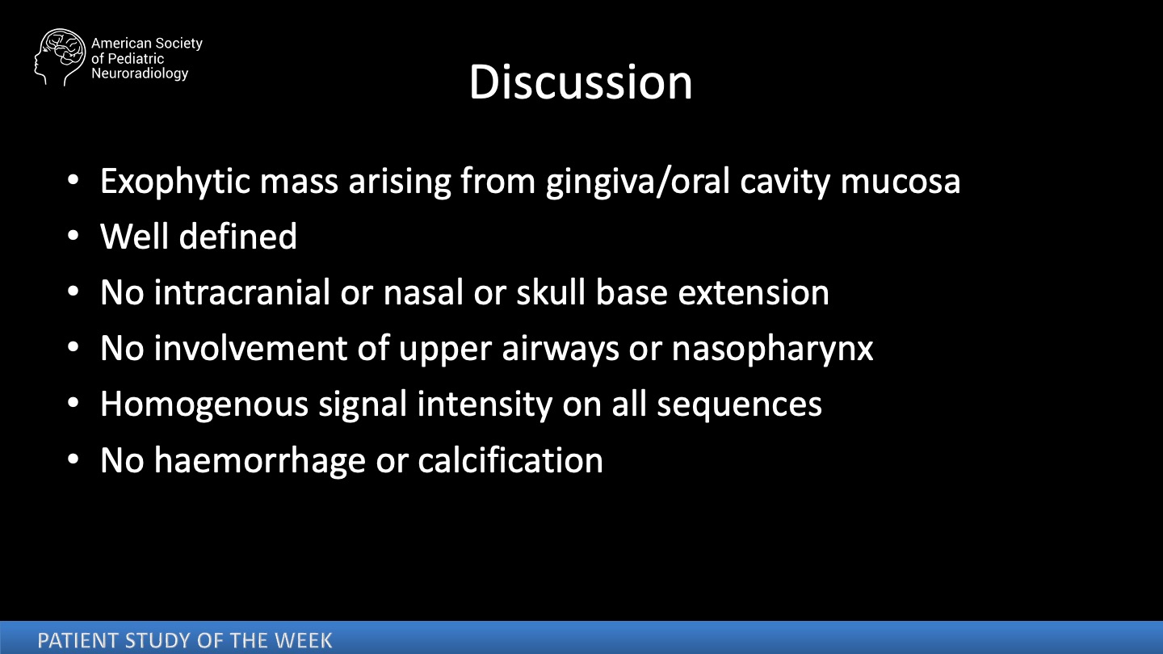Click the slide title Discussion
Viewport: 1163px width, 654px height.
point(581,82)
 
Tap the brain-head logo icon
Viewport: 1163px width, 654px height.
point(60,57)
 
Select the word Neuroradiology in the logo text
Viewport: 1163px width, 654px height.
point(140,73)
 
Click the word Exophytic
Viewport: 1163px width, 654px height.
point(175,182)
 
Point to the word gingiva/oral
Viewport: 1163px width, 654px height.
point(637,182)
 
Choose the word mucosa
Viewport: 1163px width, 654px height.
point(901,182)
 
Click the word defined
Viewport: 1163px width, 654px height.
point(237,237)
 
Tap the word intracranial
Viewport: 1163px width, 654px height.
point(242,292)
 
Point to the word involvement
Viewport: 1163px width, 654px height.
point(250,348)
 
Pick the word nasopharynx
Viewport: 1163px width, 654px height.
point(773,349)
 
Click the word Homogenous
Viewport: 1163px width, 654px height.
point(204,405)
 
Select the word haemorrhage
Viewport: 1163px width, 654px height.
point(259,460)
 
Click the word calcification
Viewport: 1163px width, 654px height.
point(510,460)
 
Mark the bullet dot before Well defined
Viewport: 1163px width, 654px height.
point(73,237)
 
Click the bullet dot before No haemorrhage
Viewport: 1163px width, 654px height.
point(73,459)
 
